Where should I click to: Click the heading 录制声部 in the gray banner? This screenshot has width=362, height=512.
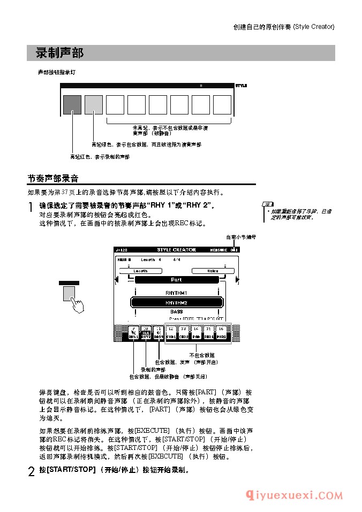point(59,53)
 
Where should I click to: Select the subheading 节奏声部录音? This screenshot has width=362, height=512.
point(53,179)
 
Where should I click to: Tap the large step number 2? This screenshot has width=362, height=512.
point(31,472)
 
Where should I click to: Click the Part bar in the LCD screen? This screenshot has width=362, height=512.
point(176,279)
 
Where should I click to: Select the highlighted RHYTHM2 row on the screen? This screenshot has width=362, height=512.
point(176,302)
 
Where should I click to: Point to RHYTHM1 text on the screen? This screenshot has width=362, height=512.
point(176,293)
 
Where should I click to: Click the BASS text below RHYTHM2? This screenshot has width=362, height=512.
point(176,311)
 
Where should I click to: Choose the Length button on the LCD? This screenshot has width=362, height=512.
point(140,271)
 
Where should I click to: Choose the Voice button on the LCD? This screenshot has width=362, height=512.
point(213,271)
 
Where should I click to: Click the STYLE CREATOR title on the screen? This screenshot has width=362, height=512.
point(176,250)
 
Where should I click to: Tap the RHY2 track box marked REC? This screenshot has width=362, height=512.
point(146,333)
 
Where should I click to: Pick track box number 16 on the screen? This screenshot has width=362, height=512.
point(221,333)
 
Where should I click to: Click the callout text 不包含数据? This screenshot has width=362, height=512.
point(202,355)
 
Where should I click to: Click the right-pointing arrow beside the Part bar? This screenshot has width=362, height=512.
point(237,279)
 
